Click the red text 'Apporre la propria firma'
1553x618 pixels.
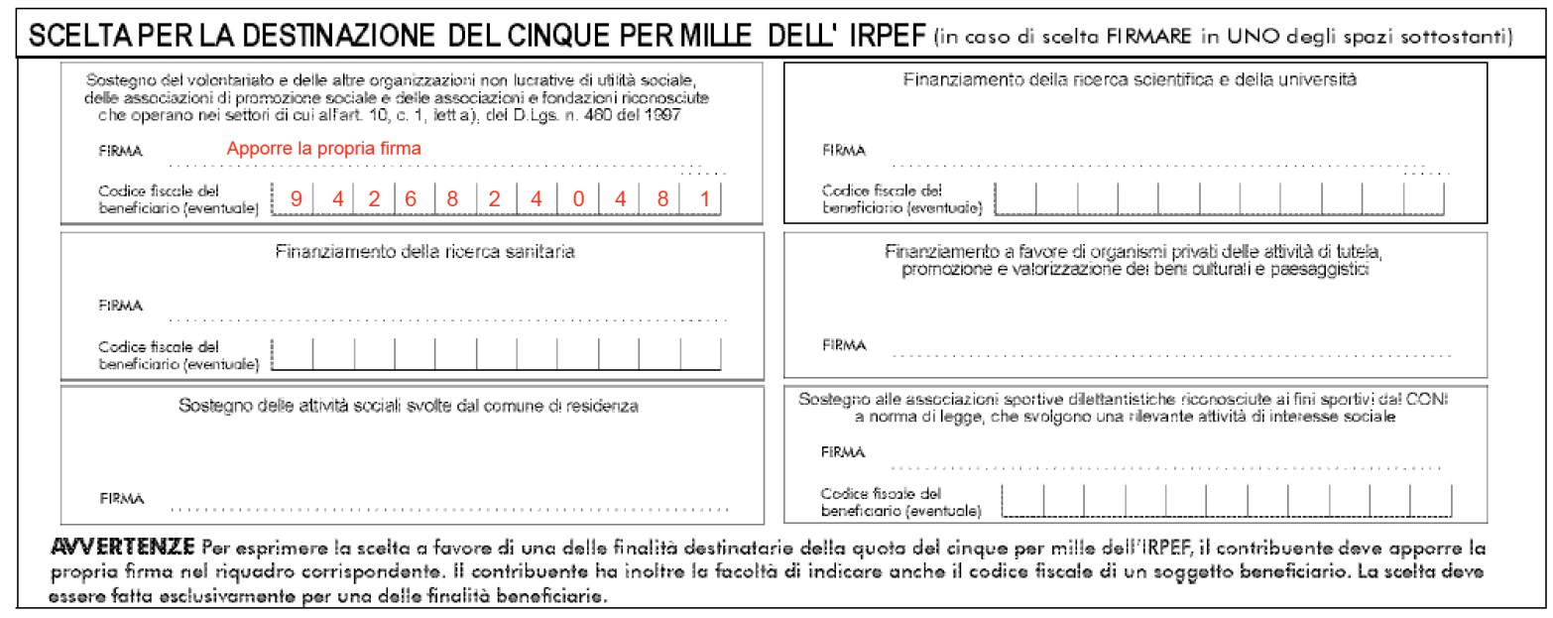click(324, 148)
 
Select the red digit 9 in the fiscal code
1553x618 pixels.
click(296, 198)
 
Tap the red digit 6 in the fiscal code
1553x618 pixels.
click(410, 198)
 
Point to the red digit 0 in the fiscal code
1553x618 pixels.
click(576, 198)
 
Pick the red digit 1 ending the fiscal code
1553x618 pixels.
click(703, 198)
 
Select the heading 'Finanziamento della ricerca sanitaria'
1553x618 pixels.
click(424, 252)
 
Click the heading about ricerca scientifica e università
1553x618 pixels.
click(1130, 78)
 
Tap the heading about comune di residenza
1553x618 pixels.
click(408, 406)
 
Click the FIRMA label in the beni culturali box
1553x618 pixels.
click(844, 345)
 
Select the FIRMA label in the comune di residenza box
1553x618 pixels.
click(120, 497)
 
